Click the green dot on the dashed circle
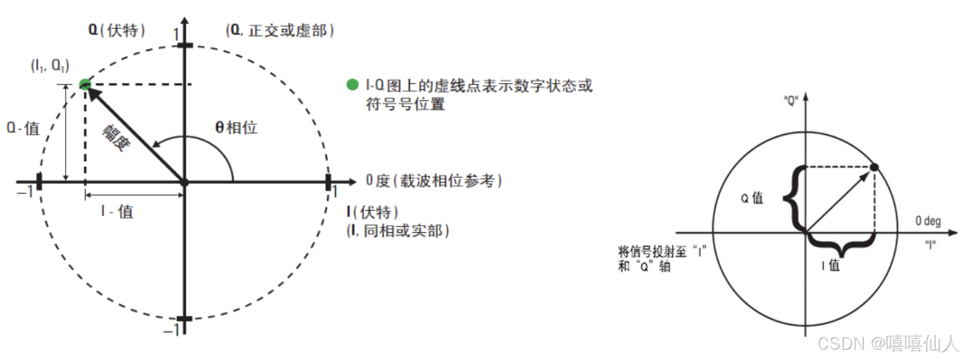pos(84,84)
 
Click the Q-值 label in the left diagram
pos(24,128)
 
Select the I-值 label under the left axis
pos(117,211)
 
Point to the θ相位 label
pos(236,127)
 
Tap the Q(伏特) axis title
pos(117,30)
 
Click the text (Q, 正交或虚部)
pos(280,30)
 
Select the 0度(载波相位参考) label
pos(433,181)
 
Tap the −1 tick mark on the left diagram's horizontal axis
pos(39,182)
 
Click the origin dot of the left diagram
pos(185,182)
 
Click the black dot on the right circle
pos(874,168)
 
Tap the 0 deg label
pos(928,221)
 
